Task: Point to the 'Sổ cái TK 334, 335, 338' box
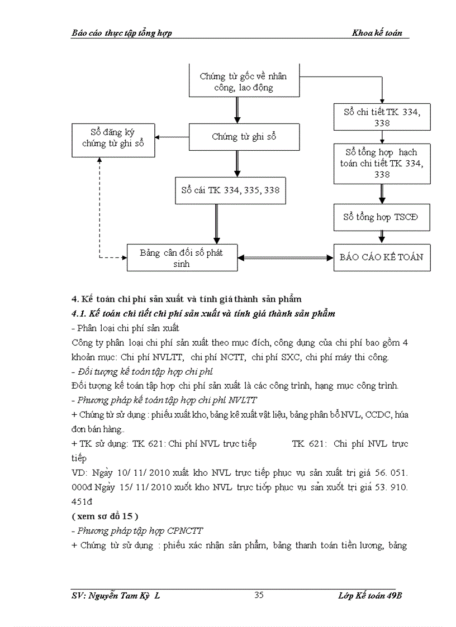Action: click(230, 190)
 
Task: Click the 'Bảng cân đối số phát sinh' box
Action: click(182, 258)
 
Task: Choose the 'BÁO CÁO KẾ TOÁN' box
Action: click(382, 257)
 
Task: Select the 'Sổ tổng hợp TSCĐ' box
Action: click(382, 217)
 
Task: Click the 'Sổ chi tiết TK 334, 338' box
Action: click(382, 117)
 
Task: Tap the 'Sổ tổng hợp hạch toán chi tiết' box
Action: click(382, 164)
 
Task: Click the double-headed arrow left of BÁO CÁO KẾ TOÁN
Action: click(285, 258)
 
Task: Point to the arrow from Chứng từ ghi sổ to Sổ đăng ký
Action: click(172, 137)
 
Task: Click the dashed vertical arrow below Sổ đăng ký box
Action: click(99, 207)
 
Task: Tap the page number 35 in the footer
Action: click(259, 595)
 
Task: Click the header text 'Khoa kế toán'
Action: click(377, 33)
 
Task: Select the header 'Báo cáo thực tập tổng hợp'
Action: click(122, 33)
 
